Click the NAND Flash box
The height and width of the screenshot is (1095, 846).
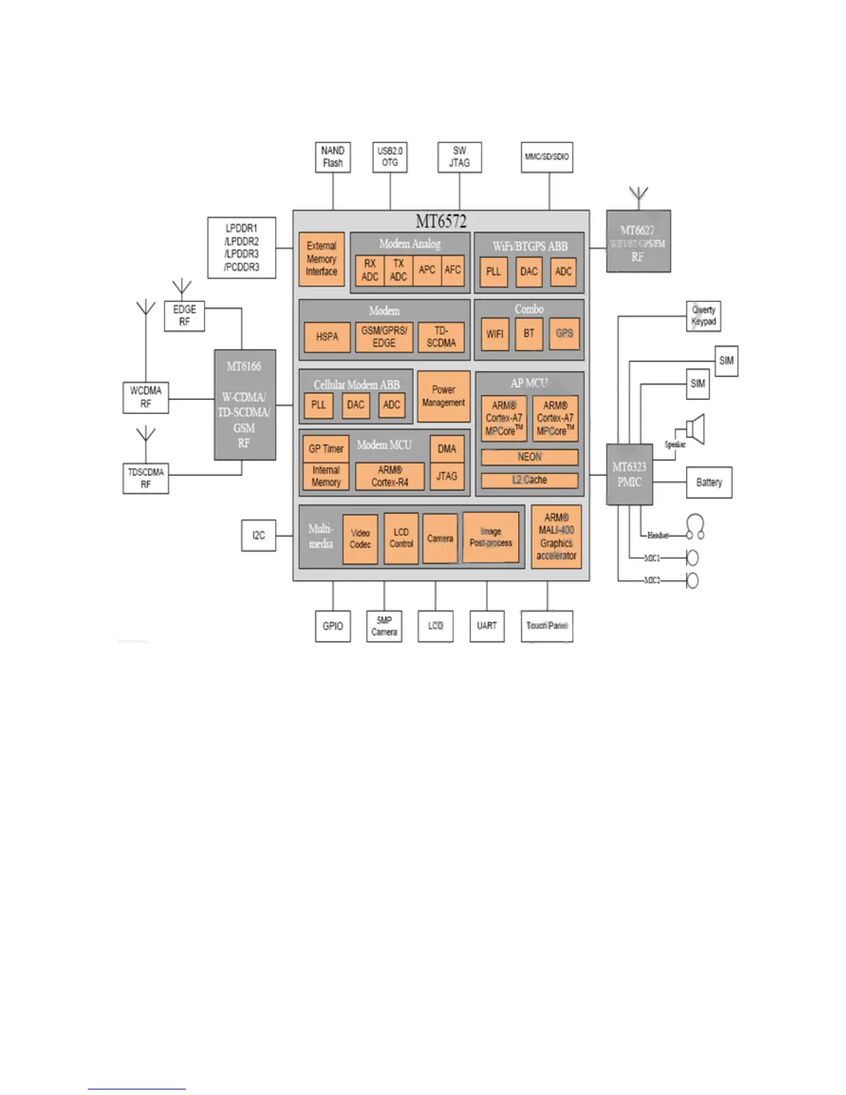[332, 157]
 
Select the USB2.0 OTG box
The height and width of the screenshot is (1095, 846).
[390, 157]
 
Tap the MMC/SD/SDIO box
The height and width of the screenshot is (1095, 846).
[546, 157]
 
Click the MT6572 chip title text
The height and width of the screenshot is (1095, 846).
[441, 221]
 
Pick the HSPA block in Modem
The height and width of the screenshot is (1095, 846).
[327, 337]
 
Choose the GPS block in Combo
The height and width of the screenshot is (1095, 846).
[564, 333]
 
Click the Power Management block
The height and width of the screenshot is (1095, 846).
[443, 396]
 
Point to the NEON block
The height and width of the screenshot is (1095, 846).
[529, 457]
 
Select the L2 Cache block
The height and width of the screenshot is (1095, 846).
[529, 480]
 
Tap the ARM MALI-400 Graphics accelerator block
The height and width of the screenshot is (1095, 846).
[556, 536]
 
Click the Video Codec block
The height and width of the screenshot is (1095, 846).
[360, 539]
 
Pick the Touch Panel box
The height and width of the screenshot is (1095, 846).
[546, 626]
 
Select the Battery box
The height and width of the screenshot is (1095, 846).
[708, 482]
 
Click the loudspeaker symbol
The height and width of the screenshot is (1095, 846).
[695, 429]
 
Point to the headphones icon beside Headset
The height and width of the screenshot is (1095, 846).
[695, 527]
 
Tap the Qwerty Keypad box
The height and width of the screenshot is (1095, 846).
[704, 316]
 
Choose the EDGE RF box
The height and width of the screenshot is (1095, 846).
[185, 315]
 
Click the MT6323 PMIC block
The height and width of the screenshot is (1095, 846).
[629, 474]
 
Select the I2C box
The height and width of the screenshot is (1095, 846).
[258, 535]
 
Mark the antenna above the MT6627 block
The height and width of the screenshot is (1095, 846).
[639, 196]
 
